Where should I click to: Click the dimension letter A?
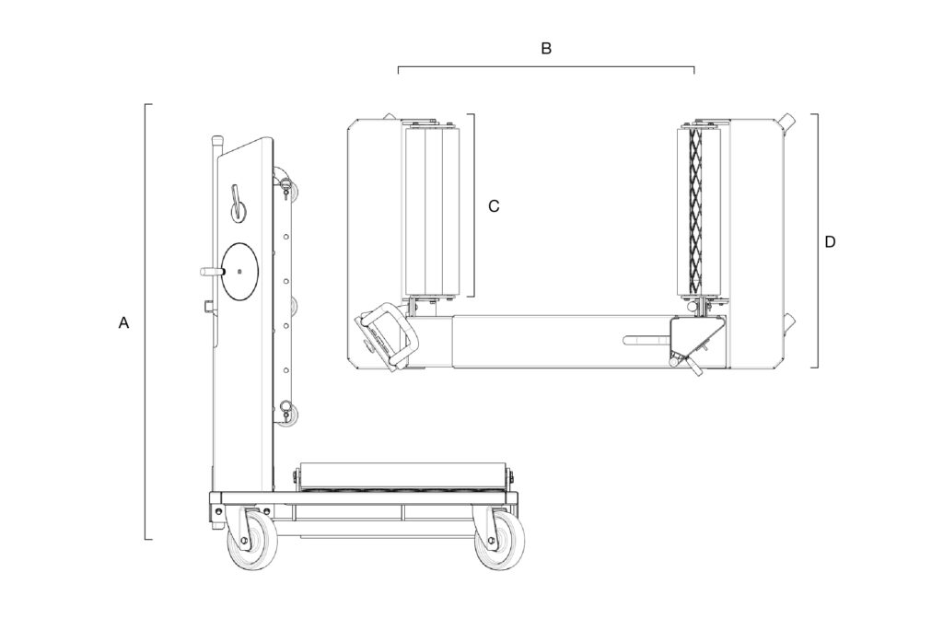click(124, 323)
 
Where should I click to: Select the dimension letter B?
click(546, 49)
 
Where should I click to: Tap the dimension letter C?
click(494, 206)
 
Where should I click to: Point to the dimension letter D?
click(830, 242)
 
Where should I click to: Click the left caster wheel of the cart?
click(251, 544)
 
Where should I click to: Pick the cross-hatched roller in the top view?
click(696, 210)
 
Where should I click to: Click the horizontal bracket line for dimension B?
click(546, 67)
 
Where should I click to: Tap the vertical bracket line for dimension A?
click(146, 322)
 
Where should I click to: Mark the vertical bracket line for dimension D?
click(818, 241)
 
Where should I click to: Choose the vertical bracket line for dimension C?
click(473, 206)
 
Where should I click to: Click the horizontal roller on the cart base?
click(406, 475)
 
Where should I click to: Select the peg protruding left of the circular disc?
click(210, 272)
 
